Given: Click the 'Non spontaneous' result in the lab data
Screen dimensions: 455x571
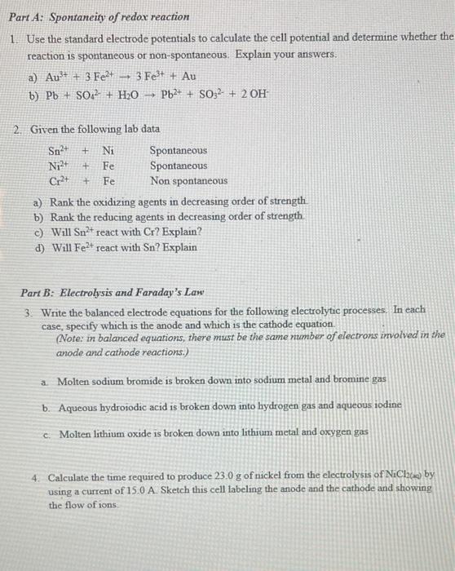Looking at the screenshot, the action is point(188,180).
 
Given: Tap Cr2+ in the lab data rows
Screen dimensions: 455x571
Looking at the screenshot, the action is point(60,180).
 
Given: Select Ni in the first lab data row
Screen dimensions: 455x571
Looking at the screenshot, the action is point(108,150).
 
